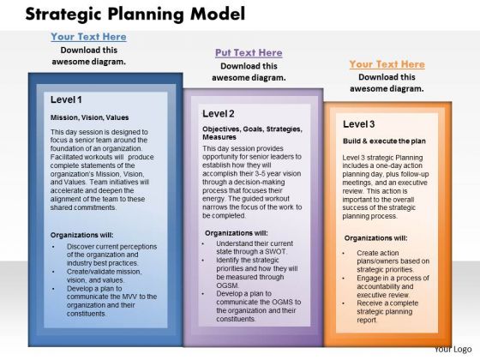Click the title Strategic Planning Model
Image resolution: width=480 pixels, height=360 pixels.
(135, 15)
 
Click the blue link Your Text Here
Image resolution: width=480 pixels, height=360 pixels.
(89, 37)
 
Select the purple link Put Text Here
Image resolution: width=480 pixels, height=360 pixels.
(249, 52)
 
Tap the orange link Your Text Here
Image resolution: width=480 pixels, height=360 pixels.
(387, 64)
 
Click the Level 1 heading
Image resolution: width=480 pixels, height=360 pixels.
(66, 99)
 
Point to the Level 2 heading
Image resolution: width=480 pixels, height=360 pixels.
(219, 113)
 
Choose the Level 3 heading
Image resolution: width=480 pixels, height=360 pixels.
(359, 124)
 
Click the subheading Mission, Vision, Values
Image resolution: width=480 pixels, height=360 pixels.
(89, 117)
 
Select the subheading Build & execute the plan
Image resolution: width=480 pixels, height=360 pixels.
(384, 141)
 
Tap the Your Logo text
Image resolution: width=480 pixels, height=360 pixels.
(453, 350)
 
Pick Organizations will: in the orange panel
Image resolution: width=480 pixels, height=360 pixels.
(375, 238)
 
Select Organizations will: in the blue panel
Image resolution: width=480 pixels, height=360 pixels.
(81, 235)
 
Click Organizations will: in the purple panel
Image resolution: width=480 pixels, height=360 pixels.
(237, 233)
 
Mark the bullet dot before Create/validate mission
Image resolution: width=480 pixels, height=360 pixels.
(53, 272)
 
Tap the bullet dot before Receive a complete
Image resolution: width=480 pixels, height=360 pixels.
(344, 303)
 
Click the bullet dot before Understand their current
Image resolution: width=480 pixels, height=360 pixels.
(202, 243)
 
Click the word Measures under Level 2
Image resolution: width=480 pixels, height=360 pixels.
(219, 137)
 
